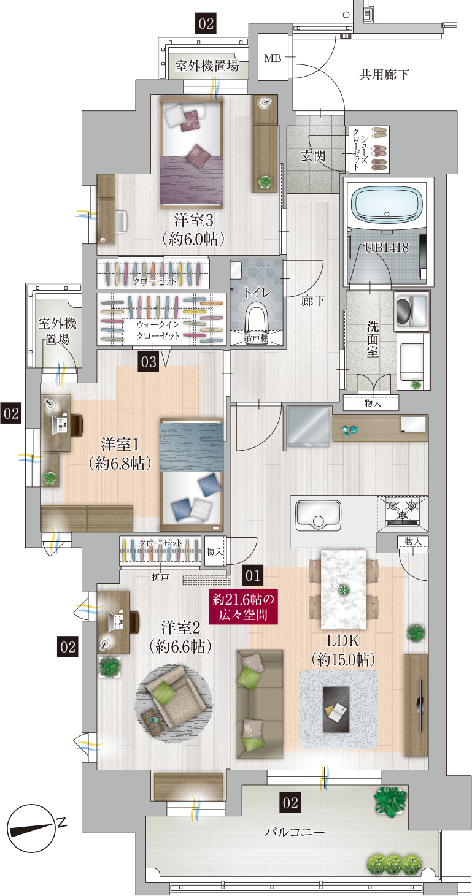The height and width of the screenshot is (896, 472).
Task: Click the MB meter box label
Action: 273,58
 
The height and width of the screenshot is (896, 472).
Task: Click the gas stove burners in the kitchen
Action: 403,510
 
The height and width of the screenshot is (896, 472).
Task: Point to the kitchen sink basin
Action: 318,516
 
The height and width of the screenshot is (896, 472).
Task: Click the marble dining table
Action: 344,589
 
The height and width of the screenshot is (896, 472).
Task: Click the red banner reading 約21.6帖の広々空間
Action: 242,607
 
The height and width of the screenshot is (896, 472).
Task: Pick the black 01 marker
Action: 253,576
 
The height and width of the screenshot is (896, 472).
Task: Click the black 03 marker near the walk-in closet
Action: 149,362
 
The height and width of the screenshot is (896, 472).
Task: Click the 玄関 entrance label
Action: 313,156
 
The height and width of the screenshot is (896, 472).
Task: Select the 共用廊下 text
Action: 384,74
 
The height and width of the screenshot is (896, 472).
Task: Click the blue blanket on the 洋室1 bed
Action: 191,447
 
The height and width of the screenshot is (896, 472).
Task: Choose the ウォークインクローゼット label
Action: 158,330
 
